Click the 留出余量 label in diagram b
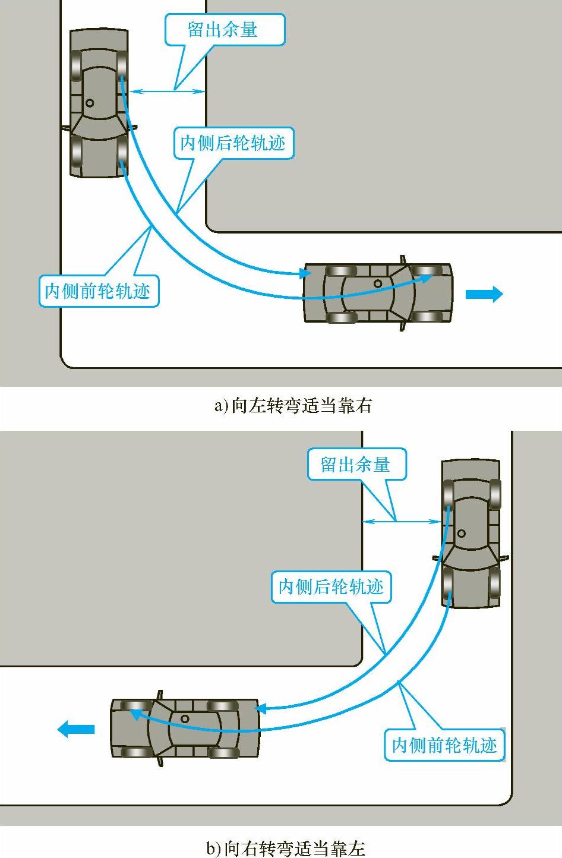[356, 464]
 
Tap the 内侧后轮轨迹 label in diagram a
[233, 143]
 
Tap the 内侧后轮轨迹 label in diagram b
[331, 586]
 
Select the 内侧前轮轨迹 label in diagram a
[98, 291]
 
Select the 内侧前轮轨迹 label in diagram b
[444, 745]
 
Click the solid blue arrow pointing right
[484, 294]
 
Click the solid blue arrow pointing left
[76, 728]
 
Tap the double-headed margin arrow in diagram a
[168, 91]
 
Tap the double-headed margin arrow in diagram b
[402, 522]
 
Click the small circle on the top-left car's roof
[90, 103]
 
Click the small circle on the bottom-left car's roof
[185, 718]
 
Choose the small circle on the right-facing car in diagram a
[378, 283]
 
